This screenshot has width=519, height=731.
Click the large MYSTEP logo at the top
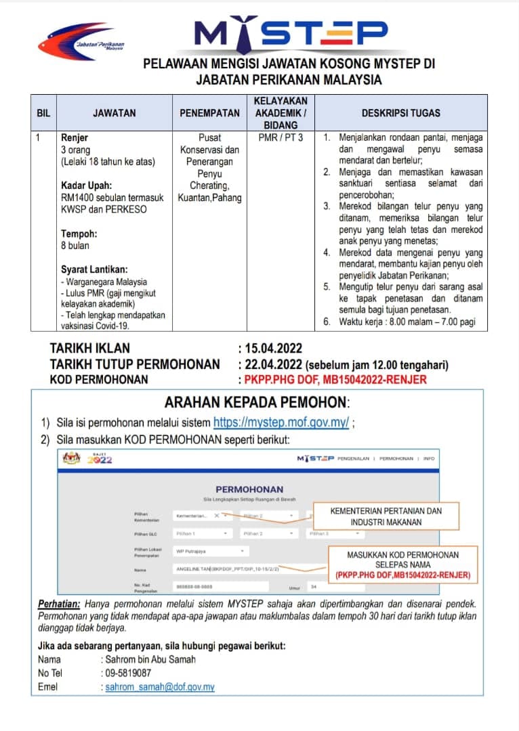pyautogui.click(x=291, y=32)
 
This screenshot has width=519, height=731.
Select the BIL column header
pyautogui.click(x=43, y=113)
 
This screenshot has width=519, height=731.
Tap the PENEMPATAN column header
pyautogui.click(x=209, y=113)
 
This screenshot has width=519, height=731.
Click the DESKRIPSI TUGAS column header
pyautogui.click(x=400, y=113)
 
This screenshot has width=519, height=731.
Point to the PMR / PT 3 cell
pyautogui.click(x=281, y=138)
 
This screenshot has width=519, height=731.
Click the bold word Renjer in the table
pyautogui.click(x=75, y=138)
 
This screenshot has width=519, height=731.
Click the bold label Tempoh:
pyautogui.click(x=79, y=234)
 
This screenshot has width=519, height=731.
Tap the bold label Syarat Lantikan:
pyautogui.click(x=94, y=269)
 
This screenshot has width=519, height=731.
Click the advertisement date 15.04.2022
pyautogui.click(x=269, y=349)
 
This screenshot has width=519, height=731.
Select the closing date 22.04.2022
pyautogui.click(x=269, y=364)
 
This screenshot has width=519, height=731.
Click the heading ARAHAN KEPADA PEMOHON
pyautogui.click(x=257, y=402)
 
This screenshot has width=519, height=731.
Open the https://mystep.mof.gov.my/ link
pyautogui.click(x=281, y=422)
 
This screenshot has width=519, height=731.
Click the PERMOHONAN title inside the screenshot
pyautogui.click(x=249, y=489)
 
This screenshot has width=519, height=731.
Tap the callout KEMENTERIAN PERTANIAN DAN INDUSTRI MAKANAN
pyautogui.click(x=386, y=516)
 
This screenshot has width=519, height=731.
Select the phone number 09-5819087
pyautogui.click(x=128, y=673)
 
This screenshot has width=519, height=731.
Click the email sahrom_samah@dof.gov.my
pyautogui.click(x=160, y=686)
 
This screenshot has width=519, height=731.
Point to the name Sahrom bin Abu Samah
pyautogui.click(x=149, y=659)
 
